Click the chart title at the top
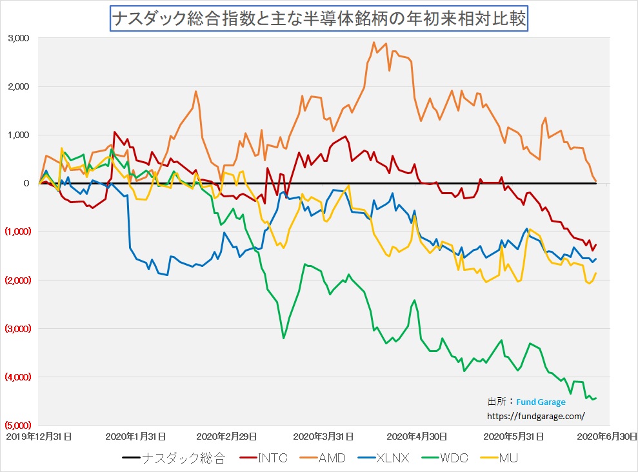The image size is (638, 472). click(x=319, y=19)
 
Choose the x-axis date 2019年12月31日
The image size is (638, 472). click(x=39, y=436)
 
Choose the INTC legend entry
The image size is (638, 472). click(x=267, y=458)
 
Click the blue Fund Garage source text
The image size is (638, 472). click(x=541, y=402)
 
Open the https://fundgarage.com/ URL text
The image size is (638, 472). click(x=535, y=416)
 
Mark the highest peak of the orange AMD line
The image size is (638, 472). click(x=374, y=43)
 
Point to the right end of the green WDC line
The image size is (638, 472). click(x=596, y=398)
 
